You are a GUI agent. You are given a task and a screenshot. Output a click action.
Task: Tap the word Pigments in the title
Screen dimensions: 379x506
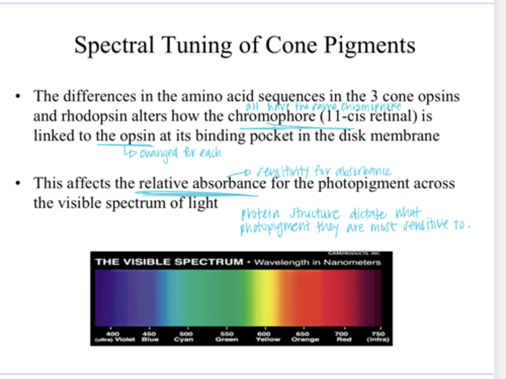[x=369, y=45]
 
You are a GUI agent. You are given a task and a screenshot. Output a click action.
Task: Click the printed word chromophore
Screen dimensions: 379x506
[x=272, y=116]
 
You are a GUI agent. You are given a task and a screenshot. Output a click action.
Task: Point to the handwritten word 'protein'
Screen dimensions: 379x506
[x=260, y=214]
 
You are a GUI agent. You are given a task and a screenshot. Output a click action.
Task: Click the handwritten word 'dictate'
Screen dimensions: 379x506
[x=368, y=214]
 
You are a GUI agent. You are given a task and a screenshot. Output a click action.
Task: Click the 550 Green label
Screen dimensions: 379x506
[x=227, y=337]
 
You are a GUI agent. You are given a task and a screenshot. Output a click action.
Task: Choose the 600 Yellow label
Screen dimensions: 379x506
[x=267, y=337]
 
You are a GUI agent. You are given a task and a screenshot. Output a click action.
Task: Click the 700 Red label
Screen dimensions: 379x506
[x=343, y=337]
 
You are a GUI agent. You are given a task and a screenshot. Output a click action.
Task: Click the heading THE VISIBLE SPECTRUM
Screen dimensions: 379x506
[x=169, y=262]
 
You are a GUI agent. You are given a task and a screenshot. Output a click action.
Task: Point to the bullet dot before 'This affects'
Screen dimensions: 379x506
[x=18, y=183]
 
